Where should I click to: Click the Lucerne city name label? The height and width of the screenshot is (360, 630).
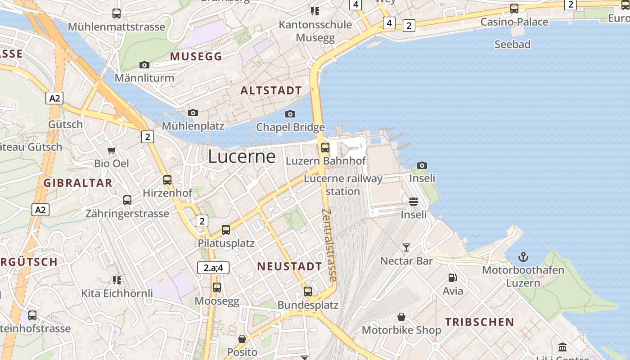click(x=242, y=156)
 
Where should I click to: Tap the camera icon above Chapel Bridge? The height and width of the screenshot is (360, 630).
click(x=290, y=114)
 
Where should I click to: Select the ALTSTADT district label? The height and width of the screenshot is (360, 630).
click(x=271, y=90)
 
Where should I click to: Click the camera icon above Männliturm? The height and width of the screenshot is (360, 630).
click(x=144, y=65)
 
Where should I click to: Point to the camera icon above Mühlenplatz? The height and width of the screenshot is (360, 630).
click(x=193, y=112)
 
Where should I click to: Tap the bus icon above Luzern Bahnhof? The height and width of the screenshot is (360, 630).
click(x=325, y=147)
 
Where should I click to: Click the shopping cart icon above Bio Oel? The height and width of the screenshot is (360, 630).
click(x=111, y=150)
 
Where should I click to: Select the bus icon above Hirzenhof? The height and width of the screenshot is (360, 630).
click(x=167, y=180)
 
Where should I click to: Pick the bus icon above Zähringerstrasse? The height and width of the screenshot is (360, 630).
click(x=127, y=200)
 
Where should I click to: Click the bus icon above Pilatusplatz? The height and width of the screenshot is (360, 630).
click(x=226, y=229)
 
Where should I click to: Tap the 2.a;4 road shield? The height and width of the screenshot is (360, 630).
click(x=213, y=268)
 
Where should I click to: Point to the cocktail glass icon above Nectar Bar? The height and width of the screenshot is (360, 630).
click(x=406, y=247)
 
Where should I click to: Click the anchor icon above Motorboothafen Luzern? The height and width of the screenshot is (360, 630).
click(x=523, y=257)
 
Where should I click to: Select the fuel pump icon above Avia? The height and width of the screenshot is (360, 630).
click(x=452, y=278)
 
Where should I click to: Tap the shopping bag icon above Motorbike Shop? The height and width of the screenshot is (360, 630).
click(x=401, y=317)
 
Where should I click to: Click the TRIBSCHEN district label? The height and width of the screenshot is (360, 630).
click(x=479, y=322)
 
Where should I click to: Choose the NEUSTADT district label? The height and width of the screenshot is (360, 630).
click(x=289, y=266)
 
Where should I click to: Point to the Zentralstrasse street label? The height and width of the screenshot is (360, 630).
click(x=329, y=245)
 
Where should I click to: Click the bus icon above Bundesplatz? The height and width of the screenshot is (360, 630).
click(x=308, y=291)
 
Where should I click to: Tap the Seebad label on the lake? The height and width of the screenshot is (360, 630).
click(x=512, y=44)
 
